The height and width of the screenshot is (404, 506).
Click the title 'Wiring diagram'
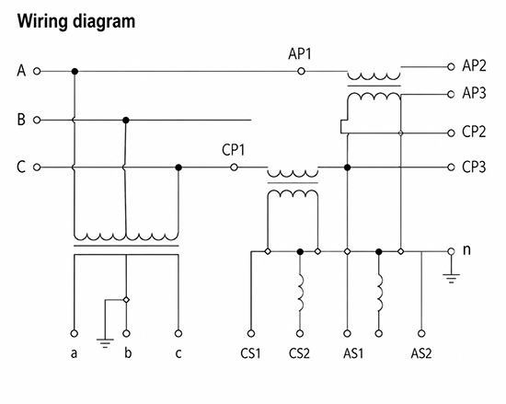tap(76, 22)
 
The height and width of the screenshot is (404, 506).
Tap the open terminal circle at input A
tap(37, 71)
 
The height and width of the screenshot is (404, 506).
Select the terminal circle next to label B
tap(37, 120)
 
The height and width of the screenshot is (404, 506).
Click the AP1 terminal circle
tap(301, 71)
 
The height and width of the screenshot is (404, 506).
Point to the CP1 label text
tap(234, 150)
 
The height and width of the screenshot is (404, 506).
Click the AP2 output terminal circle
tap(451, 67)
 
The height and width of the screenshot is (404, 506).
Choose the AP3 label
tap(474, 94)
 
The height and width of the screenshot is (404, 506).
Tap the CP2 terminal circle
tap(451, 133)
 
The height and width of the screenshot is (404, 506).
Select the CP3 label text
tap(474, 167)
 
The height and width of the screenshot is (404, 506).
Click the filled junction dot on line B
tap(126, 121)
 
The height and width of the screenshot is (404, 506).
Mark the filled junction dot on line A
tap(75, 71)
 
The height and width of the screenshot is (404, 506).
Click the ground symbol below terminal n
tap(451, 279)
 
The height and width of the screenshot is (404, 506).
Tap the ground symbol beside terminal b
tap(105, 343)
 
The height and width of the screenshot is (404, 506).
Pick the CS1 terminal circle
tap(251, 333)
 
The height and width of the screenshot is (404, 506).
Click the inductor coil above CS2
tap(301, 293)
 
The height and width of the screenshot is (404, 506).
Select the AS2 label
tap(421, 353)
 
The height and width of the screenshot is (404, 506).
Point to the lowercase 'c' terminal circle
tap(178, 333)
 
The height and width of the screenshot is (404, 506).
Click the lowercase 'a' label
tap(74, 354)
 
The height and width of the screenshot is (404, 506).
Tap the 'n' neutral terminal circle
tap(451, 251)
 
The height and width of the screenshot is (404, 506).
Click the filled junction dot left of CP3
tap(347, 167)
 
